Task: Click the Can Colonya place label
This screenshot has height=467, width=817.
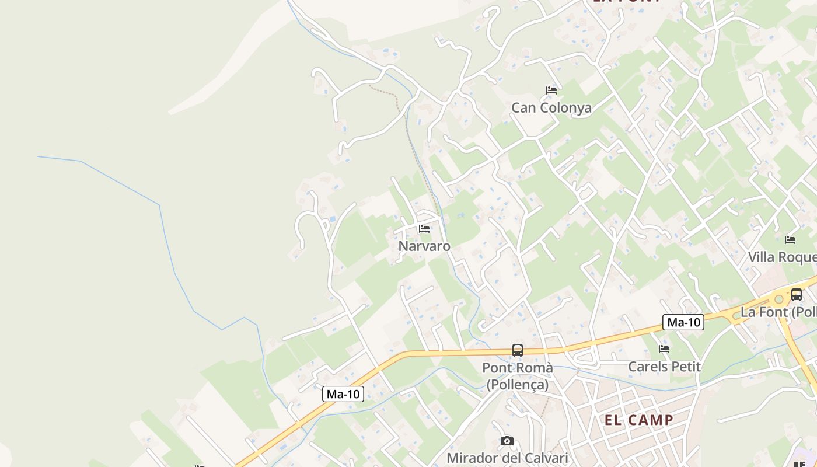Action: pyautogui.click(x=551, y=108)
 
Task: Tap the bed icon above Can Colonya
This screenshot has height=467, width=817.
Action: pyautogui.click(x=551, y=90)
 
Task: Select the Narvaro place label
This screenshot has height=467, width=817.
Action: pyautogui.click(x=424, y=246)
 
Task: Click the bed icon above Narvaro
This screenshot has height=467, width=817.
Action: pyautogui.click(x=424, y=229)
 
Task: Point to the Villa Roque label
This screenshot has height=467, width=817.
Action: pyautogui.click(x=782, y=257)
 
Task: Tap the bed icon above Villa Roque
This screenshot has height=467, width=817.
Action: pyautogui.click(x=790, y=239)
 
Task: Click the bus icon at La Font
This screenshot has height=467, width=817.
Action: pyautogui.click(x=797, y=295)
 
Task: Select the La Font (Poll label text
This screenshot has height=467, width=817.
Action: pyautogui.click(x=778, y=312)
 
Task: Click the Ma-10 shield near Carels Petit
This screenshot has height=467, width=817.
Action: pyautogui.click(x=683, y=322)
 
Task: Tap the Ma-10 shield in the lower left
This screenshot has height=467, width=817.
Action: pyautogui.click(x=343, y=394)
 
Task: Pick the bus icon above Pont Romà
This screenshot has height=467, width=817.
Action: pyautogui.click(x=518, y=350)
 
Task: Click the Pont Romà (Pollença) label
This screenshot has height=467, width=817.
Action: pyautogui.click(x=518, y=376)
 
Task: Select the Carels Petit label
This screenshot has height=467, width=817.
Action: pyautogui.click(x=664, y=367)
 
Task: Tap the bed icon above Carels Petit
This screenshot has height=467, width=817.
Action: pyautogui.click(x=664, y=349)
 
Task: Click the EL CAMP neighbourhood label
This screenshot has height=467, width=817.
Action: pyautogui.click(x=639, y=420)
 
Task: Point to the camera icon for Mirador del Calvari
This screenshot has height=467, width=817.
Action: pyautogui.click(x=507, y=441)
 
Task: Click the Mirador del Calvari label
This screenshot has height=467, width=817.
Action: pyautogui.click(x=507, y=458)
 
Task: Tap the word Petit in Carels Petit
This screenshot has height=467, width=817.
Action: pyautogui.click(x=685, y=367)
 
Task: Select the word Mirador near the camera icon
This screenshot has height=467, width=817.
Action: pyautogui.click(x=473, y=458)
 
